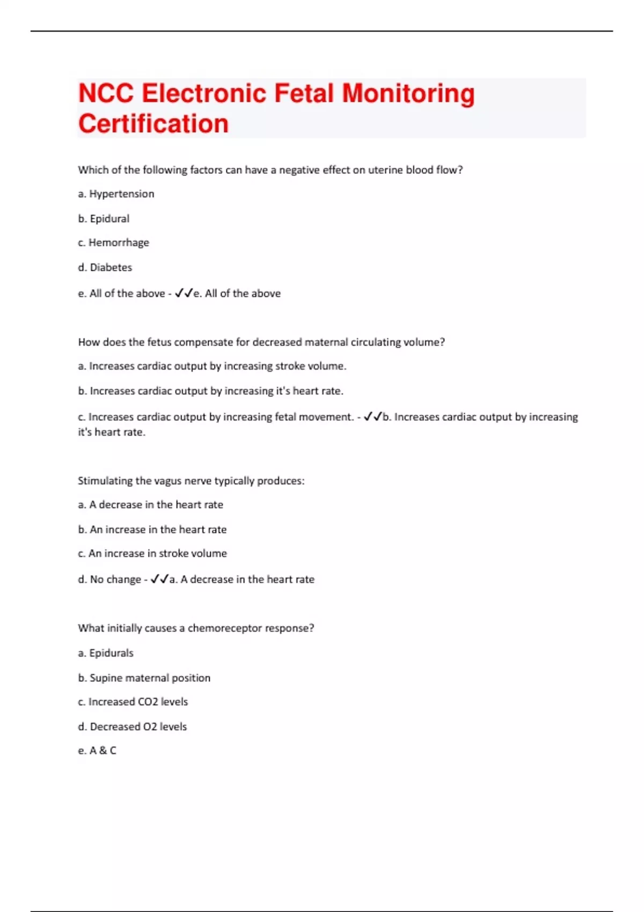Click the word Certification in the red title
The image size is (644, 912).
click(x=153, y=123)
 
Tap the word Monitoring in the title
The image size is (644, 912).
click(x=408, y=93)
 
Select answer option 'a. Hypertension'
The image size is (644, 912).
click(x=116, y=194)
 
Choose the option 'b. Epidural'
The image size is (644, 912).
click(x=104, y=218)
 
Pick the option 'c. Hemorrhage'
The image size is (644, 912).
click(x=113, y=242)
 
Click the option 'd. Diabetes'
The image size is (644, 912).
click(x=105, y=267)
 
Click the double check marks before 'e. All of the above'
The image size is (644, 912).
click(x=184, y=293)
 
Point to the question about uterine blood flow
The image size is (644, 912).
click(x=270, y=170)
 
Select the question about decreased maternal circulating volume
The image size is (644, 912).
click(x=261, y=342)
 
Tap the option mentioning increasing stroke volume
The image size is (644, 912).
click(x=212, y=366)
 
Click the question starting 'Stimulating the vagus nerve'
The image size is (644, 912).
click(x=191, y=481)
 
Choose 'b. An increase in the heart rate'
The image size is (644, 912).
click(x=152, y=529)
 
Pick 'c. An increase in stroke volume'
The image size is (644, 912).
click(x=152, y=553)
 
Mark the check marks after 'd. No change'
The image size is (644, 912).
click(x=159, y=579)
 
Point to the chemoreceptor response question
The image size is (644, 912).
click(x=196, y=628)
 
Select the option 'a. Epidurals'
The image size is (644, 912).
click(x=106, y=653)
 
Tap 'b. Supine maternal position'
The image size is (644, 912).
click(x=144, y=678)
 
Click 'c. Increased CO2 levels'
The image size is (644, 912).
click(x=133, y=702)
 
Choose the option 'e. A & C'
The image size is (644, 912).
click(x=97, y=751)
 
